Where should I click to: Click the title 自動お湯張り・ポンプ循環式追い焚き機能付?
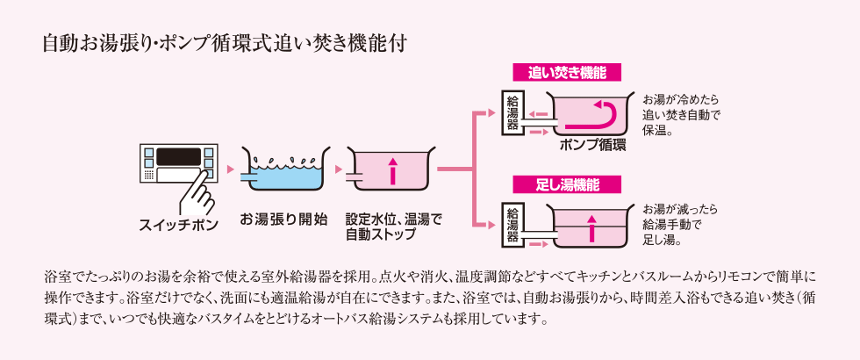[224, 43]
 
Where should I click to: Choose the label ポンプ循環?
[592, 145]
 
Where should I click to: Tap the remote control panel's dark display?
[178, 156]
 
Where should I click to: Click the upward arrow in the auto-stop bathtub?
[392, 170]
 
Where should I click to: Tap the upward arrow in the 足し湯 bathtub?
[591, 227]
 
